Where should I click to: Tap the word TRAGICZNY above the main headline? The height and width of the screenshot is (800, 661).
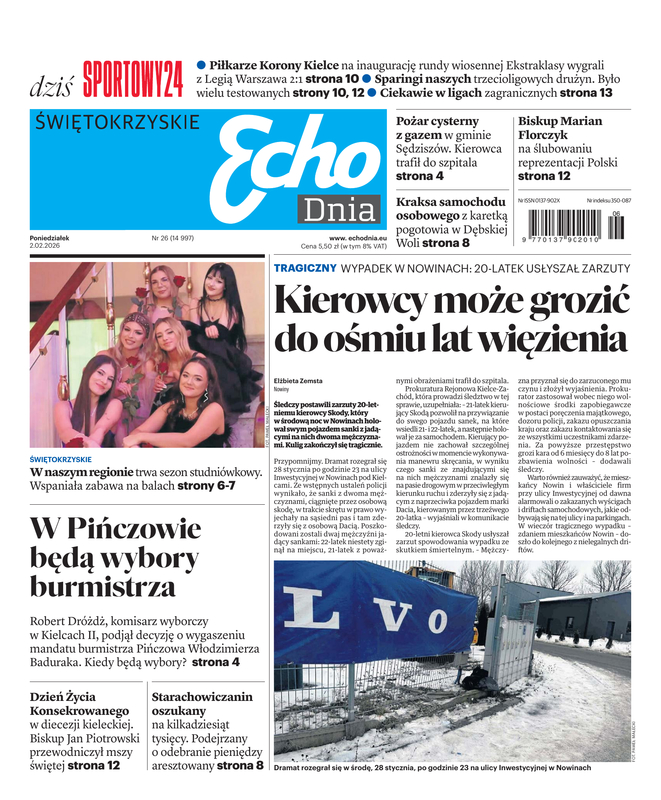point(305,268)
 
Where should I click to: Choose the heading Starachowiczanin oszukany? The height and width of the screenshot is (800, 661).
point(201,705)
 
